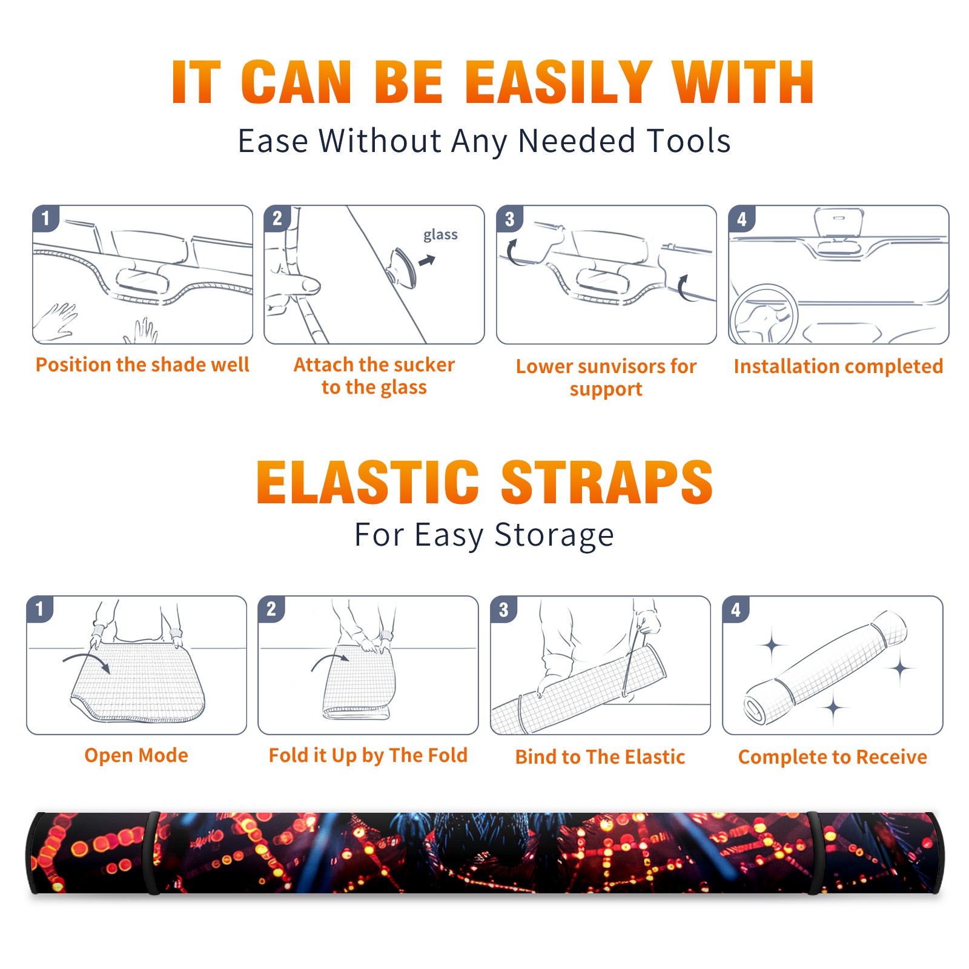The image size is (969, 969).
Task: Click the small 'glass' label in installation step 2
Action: (x=440, y=235)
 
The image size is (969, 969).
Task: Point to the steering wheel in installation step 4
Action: (x=764, y=314)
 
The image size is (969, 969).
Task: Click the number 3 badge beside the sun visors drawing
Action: (x=510, y=219)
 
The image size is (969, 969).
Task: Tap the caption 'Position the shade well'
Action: (x=142, y=365)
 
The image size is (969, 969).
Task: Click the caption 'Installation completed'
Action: (x=838, y=366)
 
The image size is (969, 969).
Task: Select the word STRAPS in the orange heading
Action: (x=607, y=482)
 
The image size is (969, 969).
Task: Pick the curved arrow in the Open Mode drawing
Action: (x=87, y=661)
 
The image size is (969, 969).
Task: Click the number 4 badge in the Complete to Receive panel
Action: (x=736, y=610)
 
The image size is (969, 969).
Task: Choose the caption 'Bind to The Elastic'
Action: (x=600, y=757)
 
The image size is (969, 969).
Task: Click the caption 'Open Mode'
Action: (x=136, y=755)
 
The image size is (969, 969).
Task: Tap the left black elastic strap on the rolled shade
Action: (x=151, y=853)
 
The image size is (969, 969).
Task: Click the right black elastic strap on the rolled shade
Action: (x=816, y=853)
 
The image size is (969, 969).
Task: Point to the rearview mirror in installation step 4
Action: (x=839, y=222)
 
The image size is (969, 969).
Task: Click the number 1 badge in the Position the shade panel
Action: (x=46, y=219)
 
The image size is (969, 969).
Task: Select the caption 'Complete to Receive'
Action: (x=833, y=757)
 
